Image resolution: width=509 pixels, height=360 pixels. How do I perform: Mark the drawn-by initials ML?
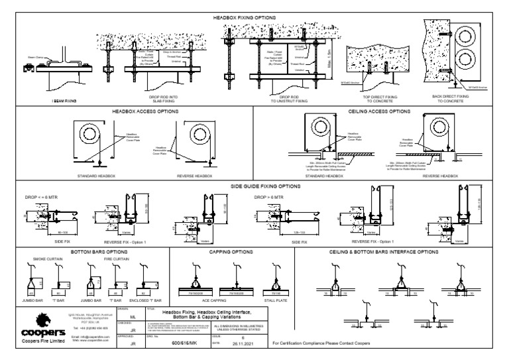(x=133, y=317)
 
